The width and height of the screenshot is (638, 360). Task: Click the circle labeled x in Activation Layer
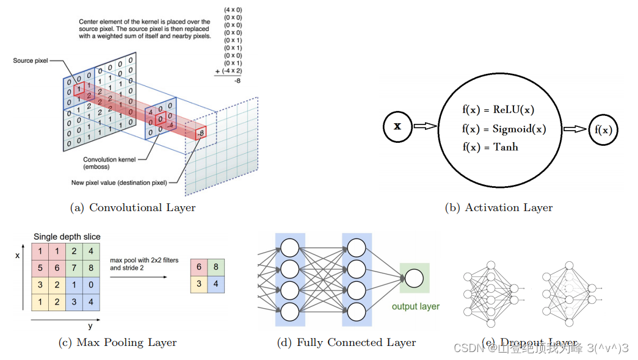(397, 127)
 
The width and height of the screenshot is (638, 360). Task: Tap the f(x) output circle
(603, 130)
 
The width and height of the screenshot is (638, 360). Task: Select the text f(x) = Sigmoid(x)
(504, 129)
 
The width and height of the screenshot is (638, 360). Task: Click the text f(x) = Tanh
(490, 147)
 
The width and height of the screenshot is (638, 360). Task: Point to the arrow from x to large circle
(426, 126)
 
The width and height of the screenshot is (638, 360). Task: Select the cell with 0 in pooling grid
(91, 284)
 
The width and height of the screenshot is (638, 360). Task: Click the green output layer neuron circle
(414, 278)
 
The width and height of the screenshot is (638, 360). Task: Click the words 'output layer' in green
(415, 306)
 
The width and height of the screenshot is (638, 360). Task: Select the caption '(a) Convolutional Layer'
(133, 207)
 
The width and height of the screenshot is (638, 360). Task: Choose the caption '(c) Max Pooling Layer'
(118, 342)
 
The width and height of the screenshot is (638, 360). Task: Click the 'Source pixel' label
(31, 61)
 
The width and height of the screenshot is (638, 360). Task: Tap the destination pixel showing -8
(200, 132)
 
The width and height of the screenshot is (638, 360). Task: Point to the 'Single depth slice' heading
(67, 237)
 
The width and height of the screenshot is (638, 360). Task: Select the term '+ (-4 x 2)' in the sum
(230, 71)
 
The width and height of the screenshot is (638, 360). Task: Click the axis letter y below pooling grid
(90, 326)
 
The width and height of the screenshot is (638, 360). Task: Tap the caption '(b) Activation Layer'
(499, 207)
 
